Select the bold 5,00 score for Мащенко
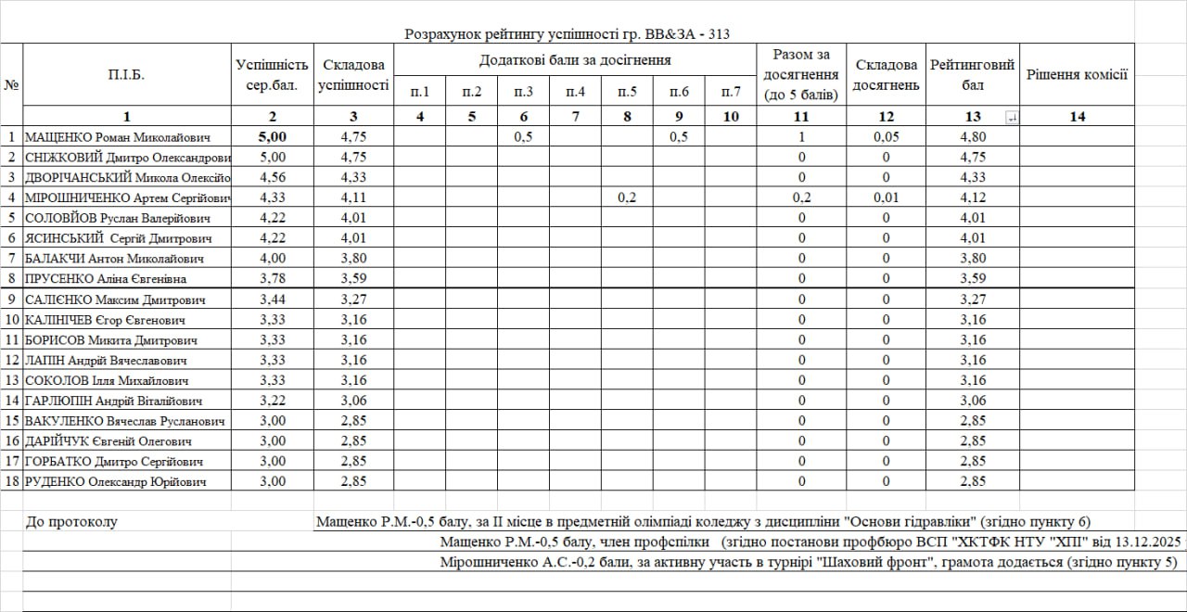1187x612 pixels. pyautogui.click(x=272, y=137)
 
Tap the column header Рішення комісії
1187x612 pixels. pyautogui.click(x=1077, y=74)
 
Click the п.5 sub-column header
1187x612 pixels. pyautogui.click(x=627, y=91)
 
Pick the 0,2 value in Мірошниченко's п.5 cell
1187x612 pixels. pyautogui.click(x=627, y=198)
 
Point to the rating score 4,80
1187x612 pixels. pyautogui.click(x=972, y=137)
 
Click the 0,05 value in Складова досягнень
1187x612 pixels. pyautogui.click(x=886, y=137)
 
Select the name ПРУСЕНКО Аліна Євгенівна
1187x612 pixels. pyautogui.click(x=105, y=279)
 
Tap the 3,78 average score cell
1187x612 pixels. pyautogui.click(x=272, y=279)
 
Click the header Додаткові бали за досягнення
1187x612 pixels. pyautogui.click(x=575, y=60)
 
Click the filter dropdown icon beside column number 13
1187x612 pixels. pyautogui.click(x=1011, y=117)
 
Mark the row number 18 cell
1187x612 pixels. pyautogui.click(x=12, y=481)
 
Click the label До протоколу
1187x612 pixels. pyautogui.click(x=72, y=522)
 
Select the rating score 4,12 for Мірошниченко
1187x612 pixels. pyautogui.click(x=972, y=198)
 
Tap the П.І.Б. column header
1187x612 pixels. pyautogui.click(x=126, y=74)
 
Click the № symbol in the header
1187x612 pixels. pyautogui.click(x=12, y=84)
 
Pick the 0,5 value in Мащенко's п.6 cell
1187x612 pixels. pyautogui.click(x=679, y=137)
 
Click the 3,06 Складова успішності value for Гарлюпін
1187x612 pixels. pyautogui.click(x=353, y=401)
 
